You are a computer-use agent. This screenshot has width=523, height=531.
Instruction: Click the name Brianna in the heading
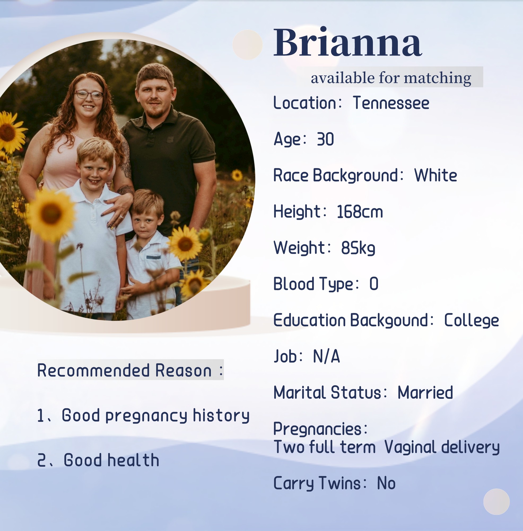click(348, 42)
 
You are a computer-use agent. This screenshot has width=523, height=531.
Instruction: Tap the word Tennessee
click(391, 103)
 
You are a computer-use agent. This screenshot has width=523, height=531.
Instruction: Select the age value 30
click(325, 139)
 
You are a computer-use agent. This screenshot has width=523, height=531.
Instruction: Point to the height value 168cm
click(360, 212)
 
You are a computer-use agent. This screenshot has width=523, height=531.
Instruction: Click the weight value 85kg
click(358, 248)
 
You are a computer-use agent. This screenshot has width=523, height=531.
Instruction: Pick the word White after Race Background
click(436, 175)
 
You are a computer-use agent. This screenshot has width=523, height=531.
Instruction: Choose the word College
click(471, 321)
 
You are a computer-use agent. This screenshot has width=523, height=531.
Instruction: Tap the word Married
click(425, 392)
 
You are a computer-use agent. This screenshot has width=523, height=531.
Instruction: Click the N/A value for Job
click(326, 357)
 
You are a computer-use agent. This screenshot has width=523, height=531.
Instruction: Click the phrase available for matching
click(391, 78)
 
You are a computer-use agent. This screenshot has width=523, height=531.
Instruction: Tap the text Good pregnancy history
click(156, 416)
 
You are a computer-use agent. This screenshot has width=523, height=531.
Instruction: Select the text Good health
click(111, 460)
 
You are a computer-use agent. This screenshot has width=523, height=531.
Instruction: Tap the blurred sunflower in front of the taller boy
click(51, 214)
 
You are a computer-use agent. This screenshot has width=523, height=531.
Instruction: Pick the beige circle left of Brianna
click(247, 45)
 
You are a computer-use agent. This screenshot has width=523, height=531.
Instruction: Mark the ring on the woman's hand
click(121, 217)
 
